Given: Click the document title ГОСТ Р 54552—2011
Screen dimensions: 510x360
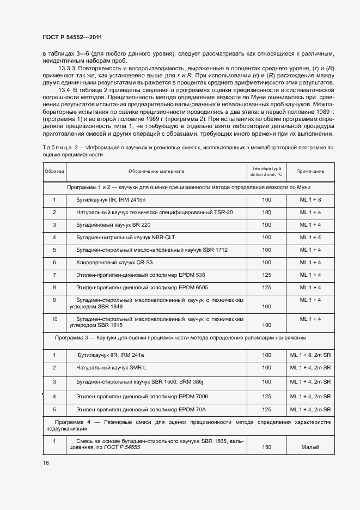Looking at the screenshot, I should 72,37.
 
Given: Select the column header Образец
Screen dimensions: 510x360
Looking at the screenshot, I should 54,171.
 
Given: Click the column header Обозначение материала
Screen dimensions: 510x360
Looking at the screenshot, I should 156,171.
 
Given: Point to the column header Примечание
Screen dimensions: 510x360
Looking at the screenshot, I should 310,171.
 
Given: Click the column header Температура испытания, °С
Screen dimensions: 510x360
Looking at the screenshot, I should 266,171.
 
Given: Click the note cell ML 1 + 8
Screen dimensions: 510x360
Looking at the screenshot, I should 310,200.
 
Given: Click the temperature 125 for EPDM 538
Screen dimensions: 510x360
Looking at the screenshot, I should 266,275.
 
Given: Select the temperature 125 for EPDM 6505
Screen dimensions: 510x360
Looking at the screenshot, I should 266,287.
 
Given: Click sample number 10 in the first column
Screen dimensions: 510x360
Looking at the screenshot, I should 54,318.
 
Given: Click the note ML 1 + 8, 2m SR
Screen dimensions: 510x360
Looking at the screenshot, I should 310,355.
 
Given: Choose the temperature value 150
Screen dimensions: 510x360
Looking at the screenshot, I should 266,447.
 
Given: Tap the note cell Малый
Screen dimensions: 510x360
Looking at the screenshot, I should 310,447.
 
